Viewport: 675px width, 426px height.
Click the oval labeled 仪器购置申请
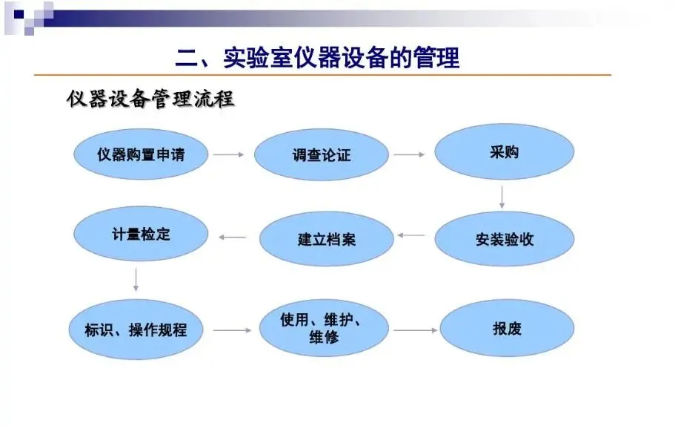pyautogui.click(x=140, y=155)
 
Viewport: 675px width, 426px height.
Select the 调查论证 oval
pyautogui.click(x=321, y=156)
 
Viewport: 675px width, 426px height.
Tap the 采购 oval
pyautogui.click(x=504, y=153)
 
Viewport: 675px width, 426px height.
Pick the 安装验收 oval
pyautogui.click(x=504, y=239)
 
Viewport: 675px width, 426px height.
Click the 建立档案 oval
pyautogui.click(x=326, y=239)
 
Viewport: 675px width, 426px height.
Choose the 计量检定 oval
pyautogui.click(x=140, y=234)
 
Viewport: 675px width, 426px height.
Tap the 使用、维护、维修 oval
pyautogui.click(x=325, y=329)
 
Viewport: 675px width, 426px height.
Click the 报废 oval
pyautogui.click(x=507, y=328)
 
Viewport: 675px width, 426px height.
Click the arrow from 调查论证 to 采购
pyautogui.click(x=409, y=155)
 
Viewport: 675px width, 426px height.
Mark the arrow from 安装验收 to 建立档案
pyautogui.click(x=411, y=236)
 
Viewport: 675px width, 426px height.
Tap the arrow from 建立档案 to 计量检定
pyautogui.click(x=233, y=237)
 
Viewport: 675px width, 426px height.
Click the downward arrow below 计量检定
pyautogui.click(x=136, y=278)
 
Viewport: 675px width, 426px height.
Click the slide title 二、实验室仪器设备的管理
pyautogui.click(x=317, y=57)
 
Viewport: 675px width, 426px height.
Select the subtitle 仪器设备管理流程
pyautogui.click(x=150, y=99)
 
